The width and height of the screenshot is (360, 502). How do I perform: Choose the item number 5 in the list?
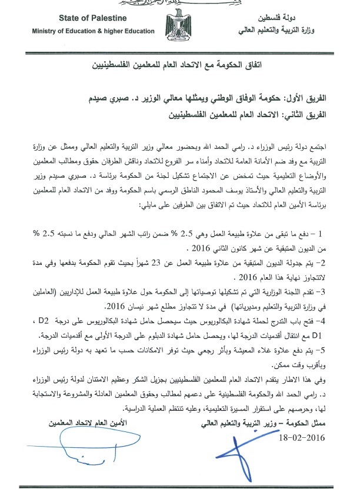point(336,349)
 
